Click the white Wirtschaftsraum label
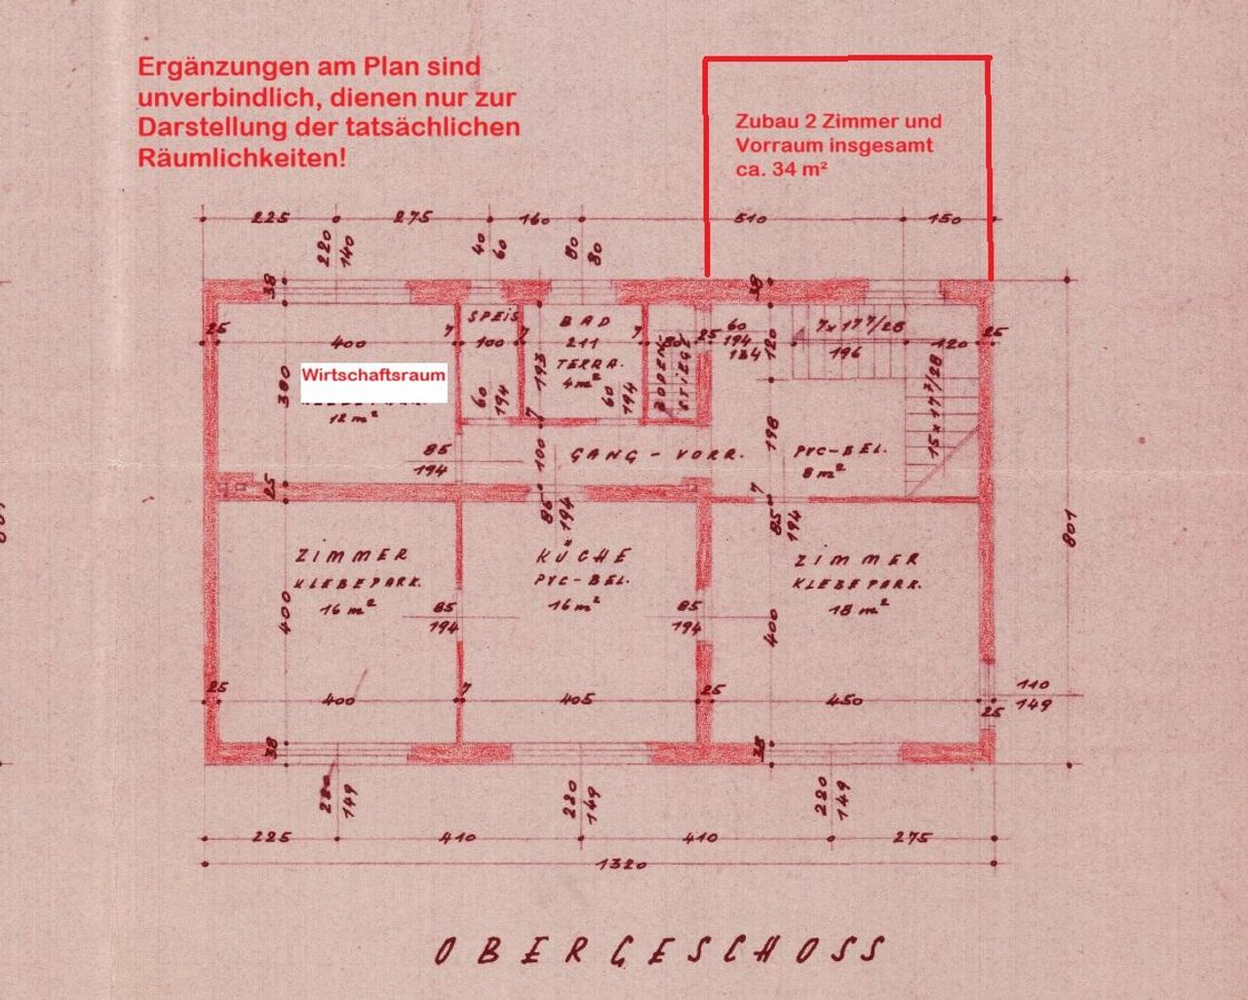tap(373, 375)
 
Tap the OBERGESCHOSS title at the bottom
tap(660, 950)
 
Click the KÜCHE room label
tap(583, 557)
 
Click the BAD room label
tap(585, 321)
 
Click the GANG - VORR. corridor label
tap(656, 455)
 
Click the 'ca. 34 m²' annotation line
tap(782, 168)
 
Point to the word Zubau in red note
tap(764, 122)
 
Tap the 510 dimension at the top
tap(748, 218)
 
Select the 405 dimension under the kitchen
tap(577, 699)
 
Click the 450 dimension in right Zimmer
tap(844, 699)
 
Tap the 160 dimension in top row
tap(534, 218)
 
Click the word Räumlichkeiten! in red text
tap(242, 157)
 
